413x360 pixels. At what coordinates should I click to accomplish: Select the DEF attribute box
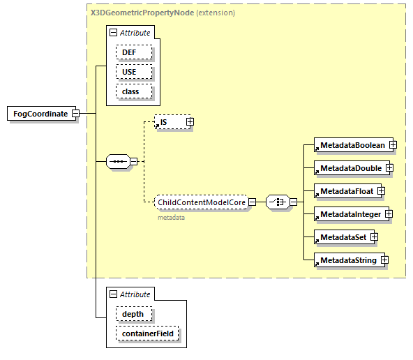click(130, 52)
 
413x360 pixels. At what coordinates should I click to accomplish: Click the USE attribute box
click(130, 72)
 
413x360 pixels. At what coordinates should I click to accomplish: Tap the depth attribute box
click(133, 314)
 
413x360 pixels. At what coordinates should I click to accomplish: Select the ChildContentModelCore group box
click(201, 202)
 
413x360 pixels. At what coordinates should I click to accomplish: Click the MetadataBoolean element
click(352, 145)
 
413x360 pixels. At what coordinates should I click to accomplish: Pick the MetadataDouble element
click(350, 168)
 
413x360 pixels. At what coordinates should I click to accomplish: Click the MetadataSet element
click(343, 237)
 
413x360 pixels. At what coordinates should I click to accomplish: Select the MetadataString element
click(347, 260)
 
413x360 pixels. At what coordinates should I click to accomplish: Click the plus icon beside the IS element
click(189, 122)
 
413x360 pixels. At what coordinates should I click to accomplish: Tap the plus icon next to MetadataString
click(384, 260)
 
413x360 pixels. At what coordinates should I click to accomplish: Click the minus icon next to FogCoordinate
click(75, 114)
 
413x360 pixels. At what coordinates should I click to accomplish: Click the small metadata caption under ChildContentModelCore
click(171, 218)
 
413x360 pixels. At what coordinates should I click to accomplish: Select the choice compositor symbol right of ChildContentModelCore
click(278, 202)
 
